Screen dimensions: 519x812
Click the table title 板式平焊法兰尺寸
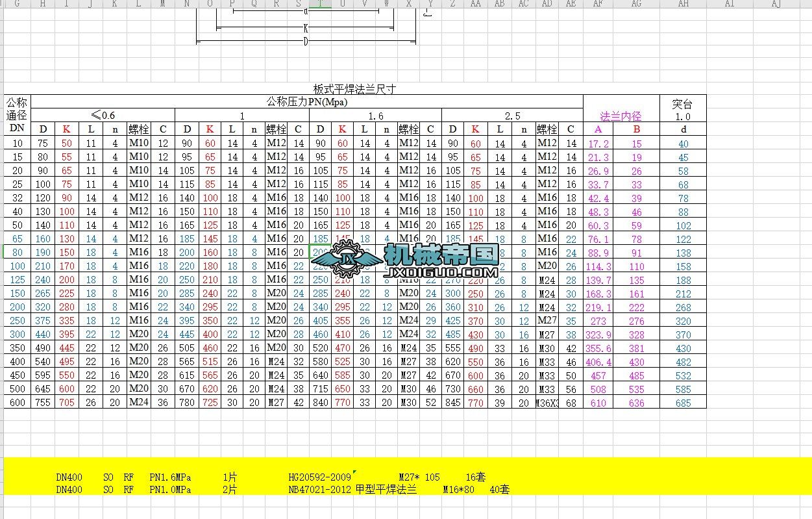pos(354,89)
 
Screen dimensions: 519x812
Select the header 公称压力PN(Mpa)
pos(306,101)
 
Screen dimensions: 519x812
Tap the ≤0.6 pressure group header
pos(103,116)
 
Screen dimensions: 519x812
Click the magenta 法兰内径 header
pos(621,116)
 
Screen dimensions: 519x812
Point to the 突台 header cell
pos(682,104)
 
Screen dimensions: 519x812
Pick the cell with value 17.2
pos(598,144)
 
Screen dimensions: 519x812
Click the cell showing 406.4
pos(598,362)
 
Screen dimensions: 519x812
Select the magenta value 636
pos(637,403)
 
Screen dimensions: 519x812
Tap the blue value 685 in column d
pos(683,403)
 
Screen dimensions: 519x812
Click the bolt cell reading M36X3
pos(547,403)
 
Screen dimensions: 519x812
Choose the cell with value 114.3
pos(598,266)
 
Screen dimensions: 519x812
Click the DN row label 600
pos(18,403)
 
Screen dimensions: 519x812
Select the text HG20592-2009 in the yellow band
pos(319,477)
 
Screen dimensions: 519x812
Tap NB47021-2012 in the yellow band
pos(319,490)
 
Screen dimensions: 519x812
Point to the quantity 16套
pos(476,477)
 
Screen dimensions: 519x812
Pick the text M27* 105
pos(419,477)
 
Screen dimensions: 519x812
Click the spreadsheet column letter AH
pos(683,4)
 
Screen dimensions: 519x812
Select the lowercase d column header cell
pos(683,129)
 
